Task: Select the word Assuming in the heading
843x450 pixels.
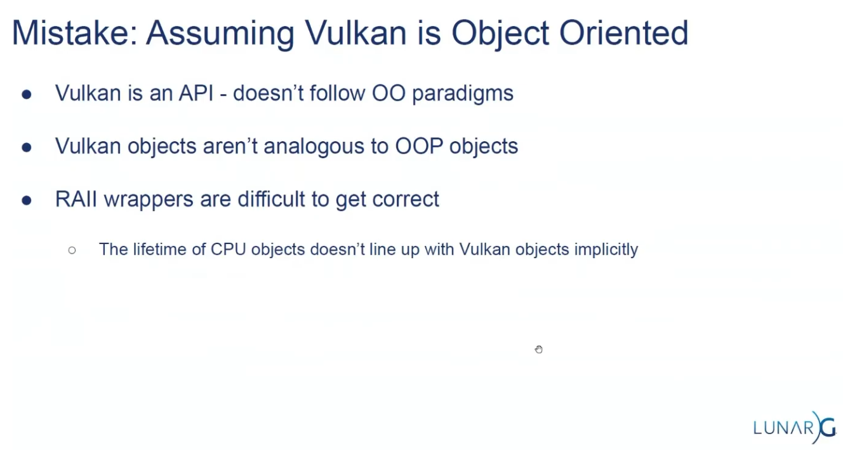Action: tap(220, 35)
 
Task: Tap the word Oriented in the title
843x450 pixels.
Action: tap(624, 33)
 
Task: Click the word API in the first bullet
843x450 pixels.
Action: tap(196, 93)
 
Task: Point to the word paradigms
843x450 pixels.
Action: tap(463, 94)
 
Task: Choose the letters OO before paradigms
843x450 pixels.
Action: tap(388, 93)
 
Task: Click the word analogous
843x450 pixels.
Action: tap(314, 147)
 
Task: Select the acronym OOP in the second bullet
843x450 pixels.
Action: tap(419, 146)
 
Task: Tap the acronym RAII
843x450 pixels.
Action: tap(76, 199)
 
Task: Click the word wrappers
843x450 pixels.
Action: tap(149, 200)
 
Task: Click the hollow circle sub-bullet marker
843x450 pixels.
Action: tap(72, 250)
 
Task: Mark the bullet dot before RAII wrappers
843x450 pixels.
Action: tap(27, 200)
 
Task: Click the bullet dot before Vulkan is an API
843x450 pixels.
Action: tap(27, 94)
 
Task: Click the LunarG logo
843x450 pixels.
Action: tap(795, 428)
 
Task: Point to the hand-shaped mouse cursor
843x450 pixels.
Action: tap(539, 350)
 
